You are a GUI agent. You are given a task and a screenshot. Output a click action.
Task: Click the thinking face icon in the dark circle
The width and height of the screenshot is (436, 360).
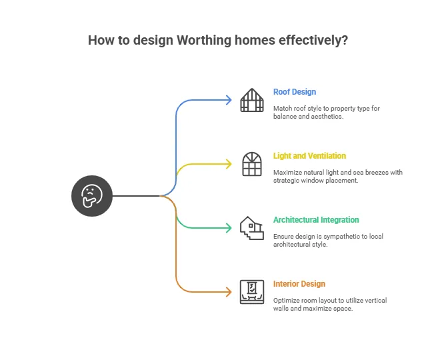click(92, 196)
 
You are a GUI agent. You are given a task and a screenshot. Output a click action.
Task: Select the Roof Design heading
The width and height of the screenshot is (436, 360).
click(295, 92)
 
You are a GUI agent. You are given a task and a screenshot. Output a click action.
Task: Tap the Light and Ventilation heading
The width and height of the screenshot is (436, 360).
click(309, 156)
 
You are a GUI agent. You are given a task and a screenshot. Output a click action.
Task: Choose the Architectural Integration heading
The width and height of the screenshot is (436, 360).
click(316, 219)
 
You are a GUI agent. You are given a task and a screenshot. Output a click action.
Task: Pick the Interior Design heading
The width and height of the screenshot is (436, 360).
click(299, 283)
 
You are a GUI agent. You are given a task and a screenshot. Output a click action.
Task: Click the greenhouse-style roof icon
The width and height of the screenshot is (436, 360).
click(252, 100)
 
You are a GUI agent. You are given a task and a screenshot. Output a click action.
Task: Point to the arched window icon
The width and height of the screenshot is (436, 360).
click(252, 164)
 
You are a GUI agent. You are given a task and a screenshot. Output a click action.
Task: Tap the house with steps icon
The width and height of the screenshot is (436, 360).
click(252, 228)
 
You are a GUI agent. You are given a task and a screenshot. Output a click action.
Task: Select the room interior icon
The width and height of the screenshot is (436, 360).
click(252, 292)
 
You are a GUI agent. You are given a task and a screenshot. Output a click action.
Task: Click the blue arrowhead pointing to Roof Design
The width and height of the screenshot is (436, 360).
click(229, 100)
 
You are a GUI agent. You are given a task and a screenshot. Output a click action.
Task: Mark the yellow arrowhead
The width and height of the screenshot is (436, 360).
click(229, 164)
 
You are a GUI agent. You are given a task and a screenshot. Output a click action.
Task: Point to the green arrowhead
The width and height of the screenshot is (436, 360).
click(229, 228)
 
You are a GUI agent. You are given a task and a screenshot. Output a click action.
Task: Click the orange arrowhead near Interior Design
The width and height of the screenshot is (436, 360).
click(229, 292)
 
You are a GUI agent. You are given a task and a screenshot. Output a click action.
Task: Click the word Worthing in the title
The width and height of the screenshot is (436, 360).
click(204, 40)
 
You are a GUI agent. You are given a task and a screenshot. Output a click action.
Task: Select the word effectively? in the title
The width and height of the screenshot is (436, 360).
click(313, 40)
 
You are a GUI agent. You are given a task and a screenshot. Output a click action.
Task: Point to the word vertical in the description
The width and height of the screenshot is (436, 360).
click(375, 300)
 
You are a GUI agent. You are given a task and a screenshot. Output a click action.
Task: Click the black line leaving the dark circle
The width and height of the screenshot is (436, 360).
click(136, 196)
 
